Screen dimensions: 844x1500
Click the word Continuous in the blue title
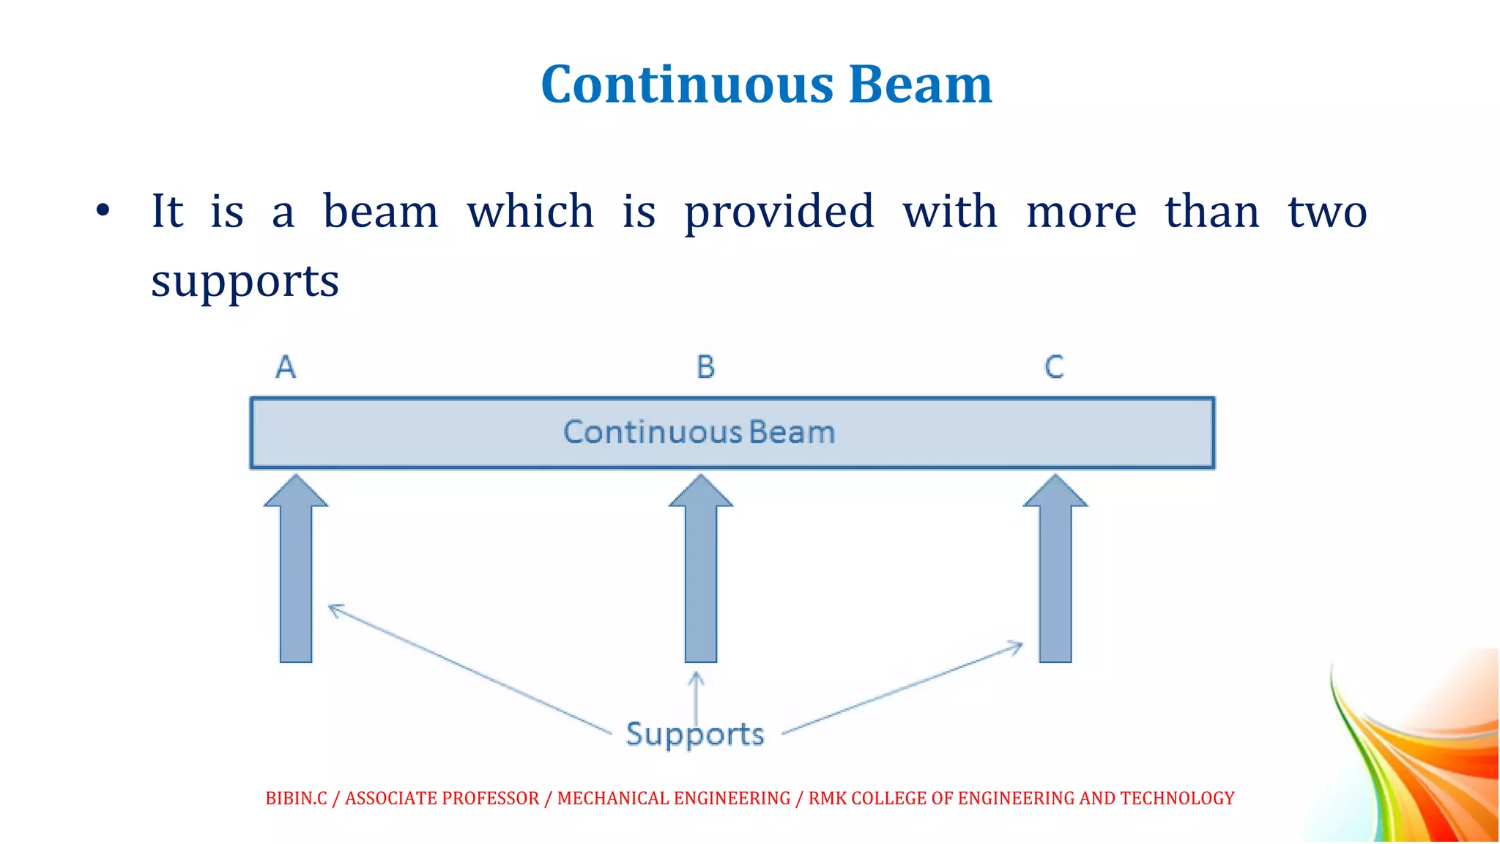pos(687,85)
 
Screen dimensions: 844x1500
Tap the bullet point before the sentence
pos(103,211)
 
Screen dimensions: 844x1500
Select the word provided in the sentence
pos(779,213)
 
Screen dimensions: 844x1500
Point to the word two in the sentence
pos(1326,212)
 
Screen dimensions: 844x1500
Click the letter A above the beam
pos(286,367)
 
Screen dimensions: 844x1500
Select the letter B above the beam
pos(705,367)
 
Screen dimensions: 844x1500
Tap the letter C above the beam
pos(1054,367)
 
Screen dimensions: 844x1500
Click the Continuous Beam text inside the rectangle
pos(699,432)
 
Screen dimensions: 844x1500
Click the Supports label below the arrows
pos(694,734)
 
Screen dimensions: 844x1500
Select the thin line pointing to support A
pos(469,668)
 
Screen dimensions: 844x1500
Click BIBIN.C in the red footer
pos(296,798)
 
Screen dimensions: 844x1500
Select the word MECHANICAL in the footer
pos(600,798)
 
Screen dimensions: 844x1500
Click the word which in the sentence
pos(530,212)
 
